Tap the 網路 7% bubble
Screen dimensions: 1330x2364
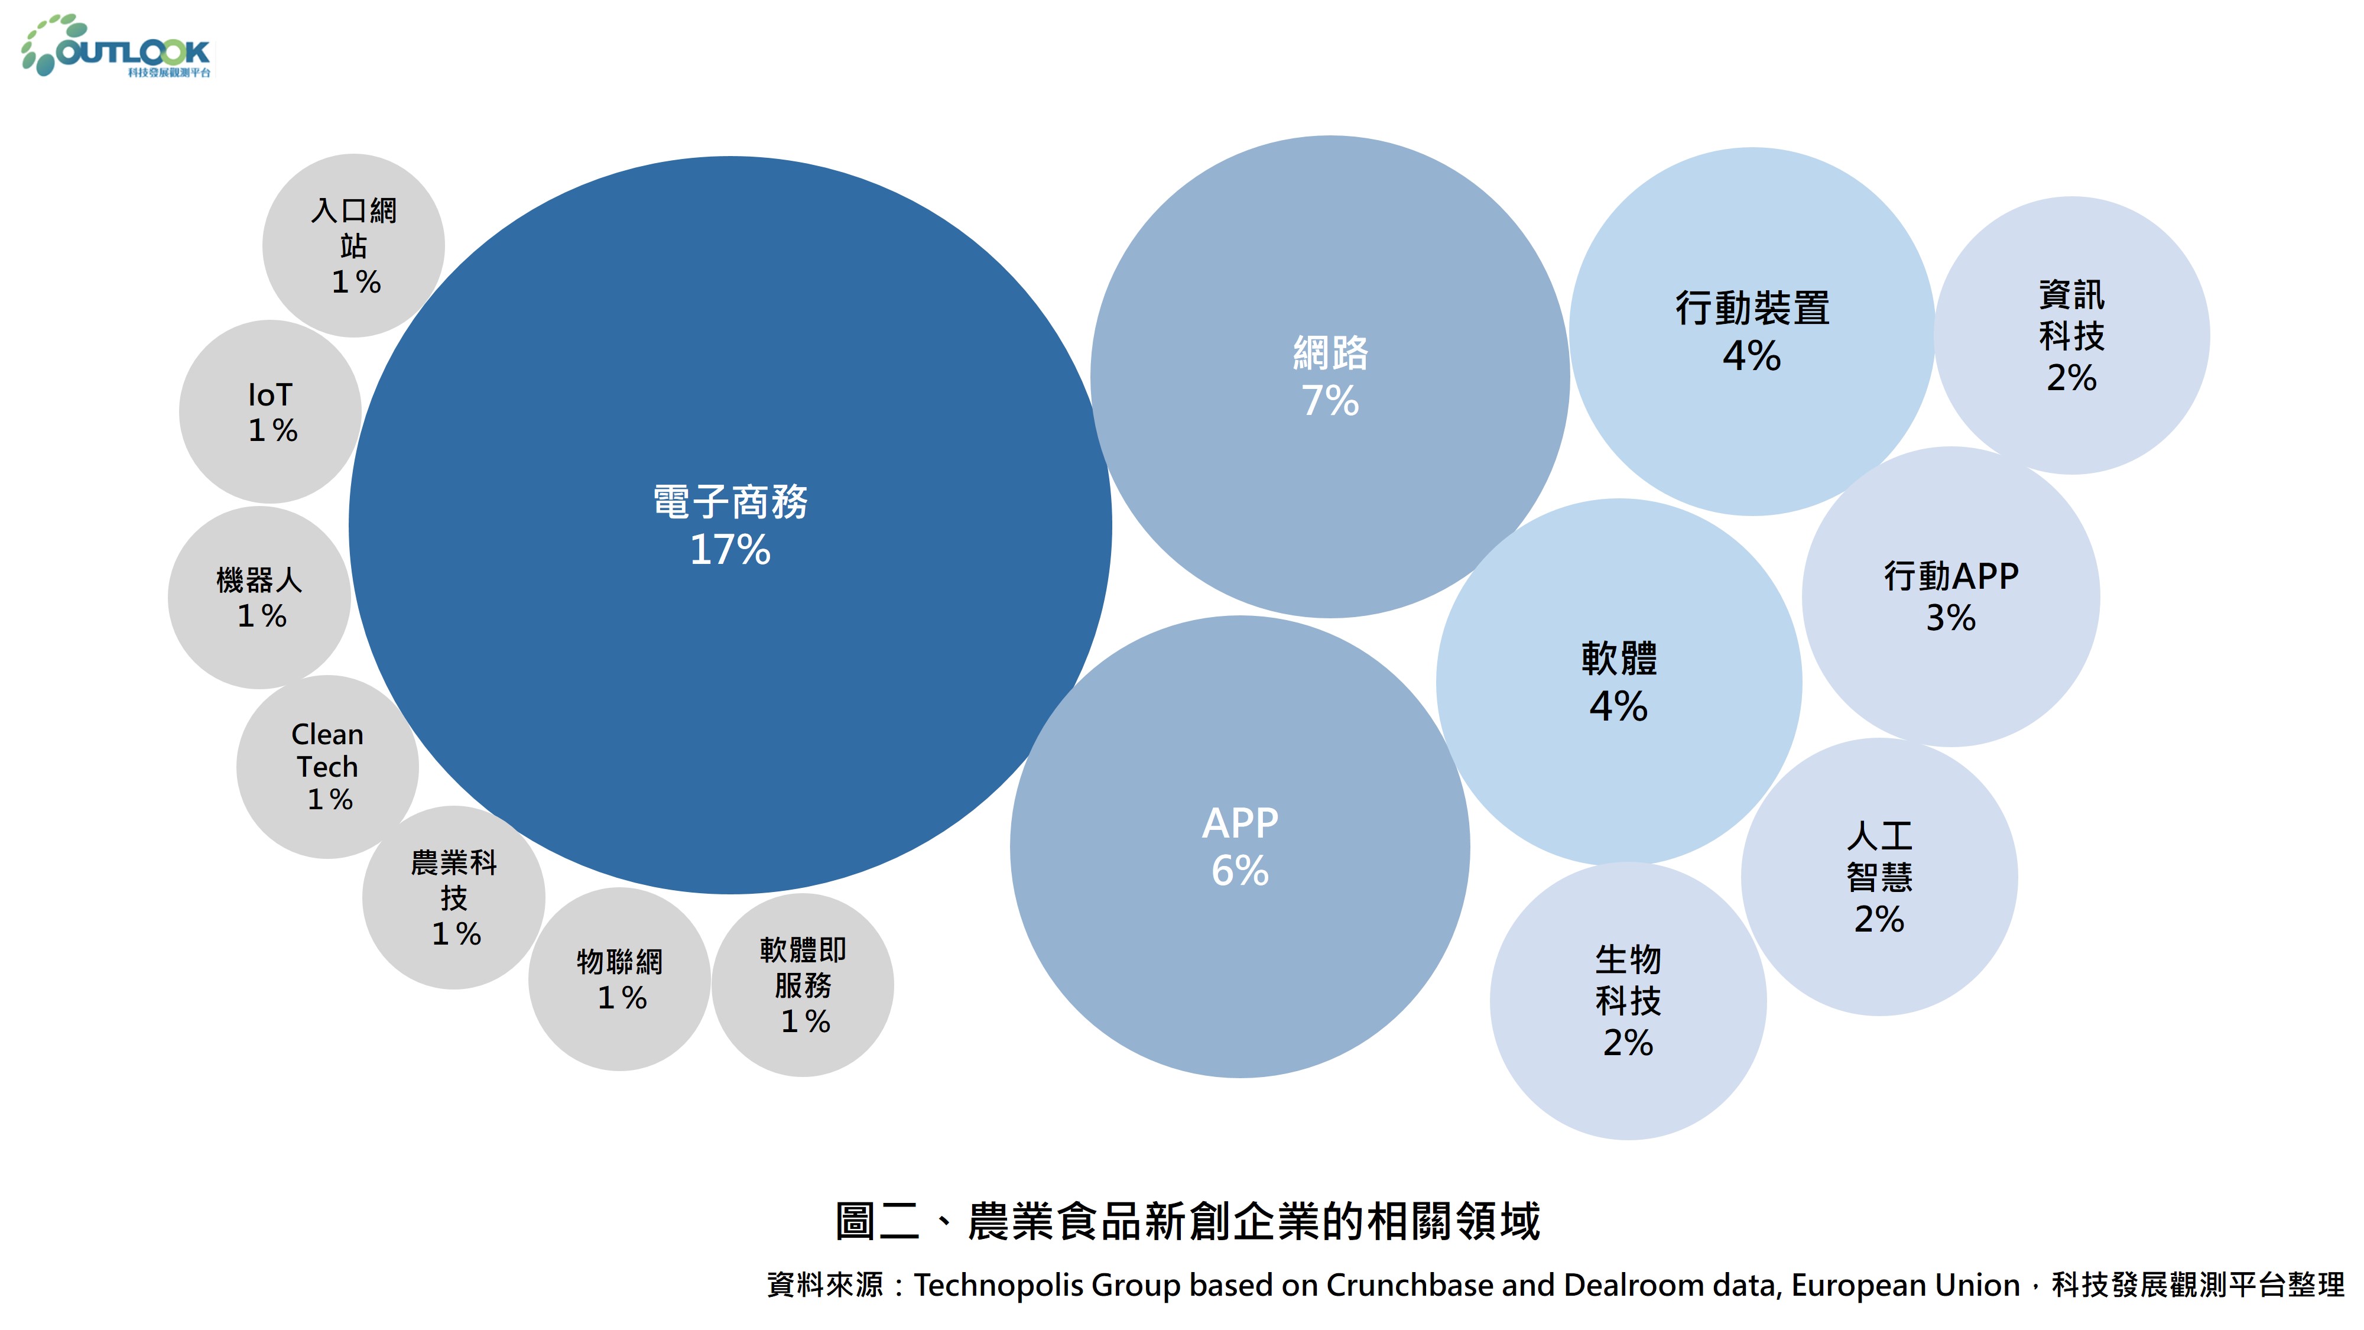[x=1330, y=377]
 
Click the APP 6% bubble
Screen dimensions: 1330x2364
[x=1240, y=846]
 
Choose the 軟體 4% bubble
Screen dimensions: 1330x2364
[x=1619, y=682]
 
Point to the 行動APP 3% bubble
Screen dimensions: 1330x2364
[x=1951, y=596]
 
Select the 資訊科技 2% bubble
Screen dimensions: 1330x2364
[x=2071, y=336]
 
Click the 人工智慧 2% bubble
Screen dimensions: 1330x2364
[x=1879, y=877]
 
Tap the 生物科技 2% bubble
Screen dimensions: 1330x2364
[x=1628, y=1001]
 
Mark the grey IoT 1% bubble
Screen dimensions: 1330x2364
[x=271, y=411]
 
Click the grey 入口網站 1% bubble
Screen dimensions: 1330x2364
[x=353, y=246]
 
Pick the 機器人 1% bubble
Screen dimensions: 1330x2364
[x=259, y=598]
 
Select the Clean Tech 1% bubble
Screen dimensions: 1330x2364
[x=327, y=767]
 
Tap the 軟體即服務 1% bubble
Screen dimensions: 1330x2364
[x=803, y=985]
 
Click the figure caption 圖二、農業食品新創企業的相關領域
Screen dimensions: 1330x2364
[x=1187, y=1221]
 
